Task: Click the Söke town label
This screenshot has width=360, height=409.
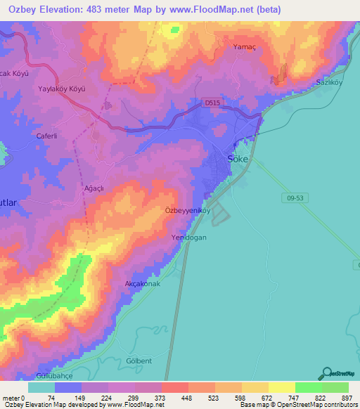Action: click(238, 159)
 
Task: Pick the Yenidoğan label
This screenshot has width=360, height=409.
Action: click(188, 238)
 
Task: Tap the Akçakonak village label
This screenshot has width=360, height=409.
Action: click(142, 284)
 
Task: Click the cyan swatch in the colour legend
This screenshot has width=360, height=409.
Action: click(41, 387)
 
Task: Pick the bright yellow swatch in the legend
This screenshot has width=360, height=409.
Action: click(281, 387)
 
